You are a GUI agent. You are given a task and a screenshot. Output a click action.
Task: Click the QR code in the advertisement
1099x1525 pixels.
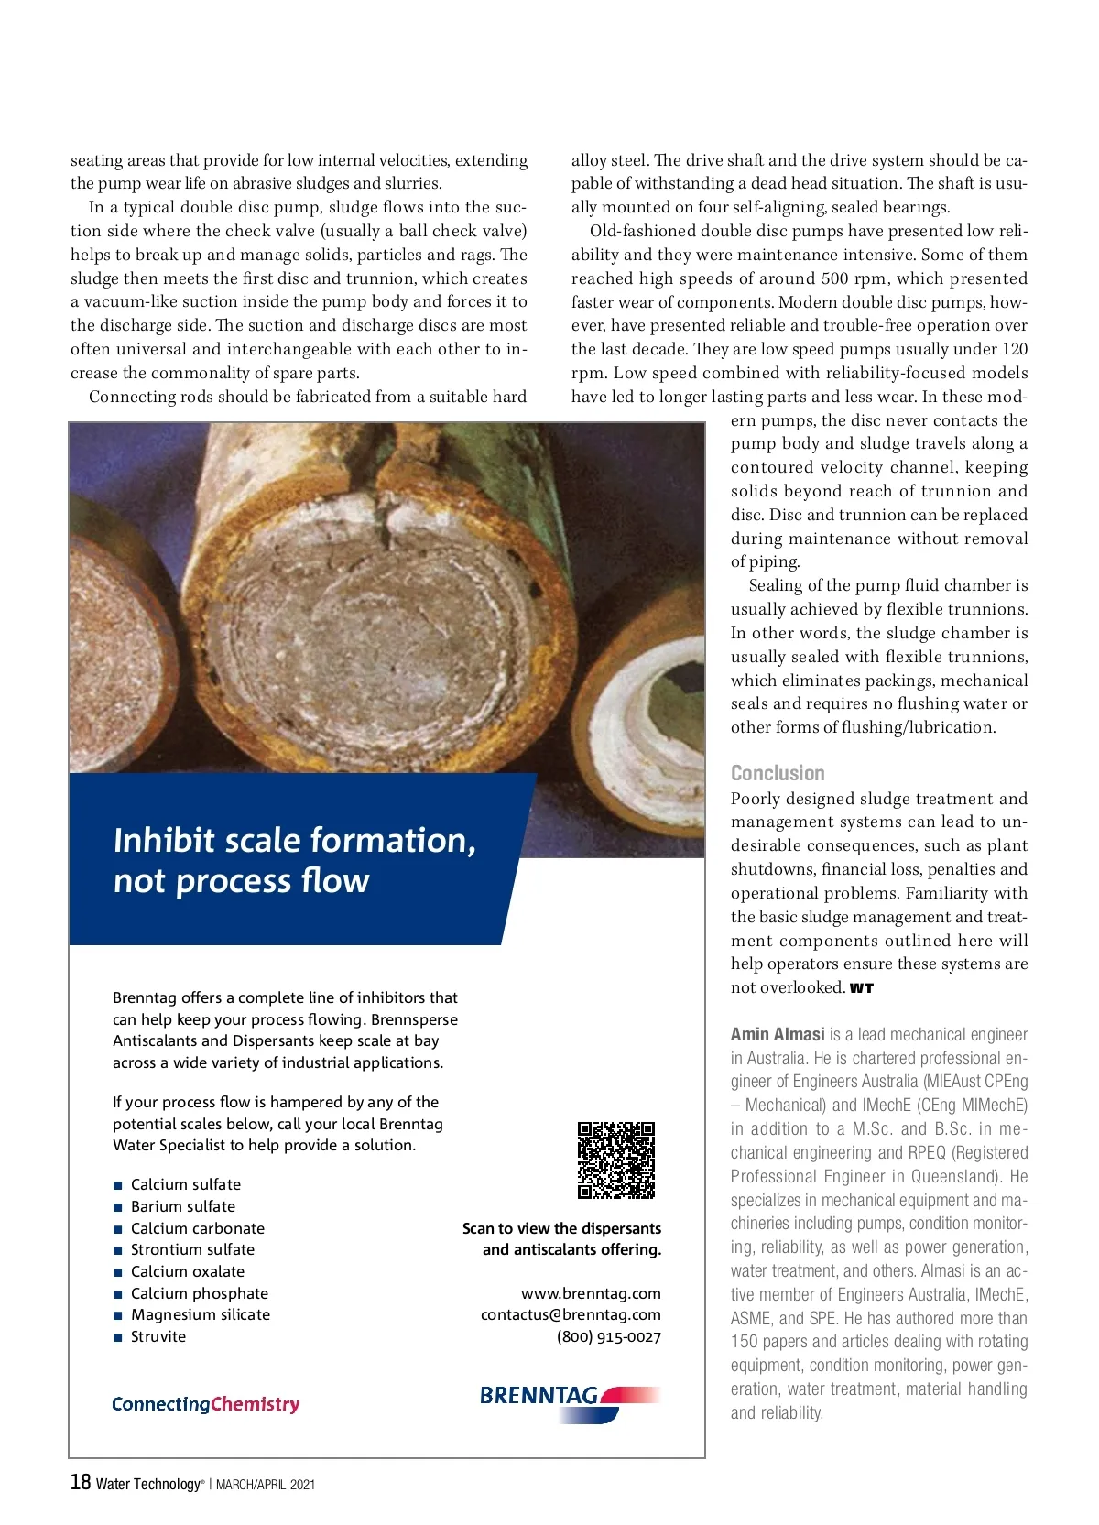[x=616, y=1160]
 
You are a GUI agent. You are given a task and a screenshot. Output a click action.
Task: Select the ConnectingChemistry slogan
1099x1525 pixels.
[x=206, y=1404]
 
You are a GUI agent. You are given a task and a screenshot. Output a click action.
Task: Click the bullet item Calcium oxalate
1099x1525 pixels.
[x=188, y=1271]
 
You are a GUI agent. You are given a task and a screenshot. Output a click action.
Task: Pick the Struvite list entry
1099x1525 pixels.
[x=158, y=1336]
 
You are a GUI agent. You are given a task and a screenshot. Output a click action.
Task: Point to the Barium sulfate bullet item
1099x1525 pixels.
[x=183, y=1206]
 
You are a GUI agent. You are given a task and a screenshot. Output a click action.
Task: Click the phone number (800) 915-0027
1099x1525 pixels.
[x=609, y=1336]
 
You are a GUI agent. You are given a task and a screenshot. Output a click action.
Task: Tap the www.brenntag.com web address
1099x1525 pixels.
[x=591, y=1293]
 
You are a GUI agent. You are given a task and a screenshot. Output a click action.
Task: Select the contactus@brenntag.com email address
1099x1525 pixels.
[x=571, y=1314]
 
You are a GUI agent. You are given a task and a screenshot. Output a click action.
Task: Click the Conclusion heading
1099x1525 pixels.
[x=778, y=773]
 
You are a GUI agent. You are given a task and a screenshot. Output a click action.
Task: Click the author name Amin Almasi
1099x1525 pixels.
[x=778, y=1034]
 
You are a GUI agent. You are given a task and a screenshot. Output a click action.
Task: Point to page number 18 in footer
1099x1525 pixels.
[x=81, y=1482]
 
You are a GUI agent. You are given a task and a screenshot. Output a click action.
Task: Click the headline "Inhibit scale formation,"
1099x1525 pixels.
[x=295, y=840]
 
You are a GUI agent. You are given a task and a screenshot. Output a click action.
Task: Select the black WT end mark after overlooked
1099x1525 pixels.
[x=862, y=988]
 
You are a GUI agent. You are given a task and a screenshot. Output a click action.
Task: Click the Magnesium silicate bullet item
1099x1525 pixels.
[x=201, y=1314]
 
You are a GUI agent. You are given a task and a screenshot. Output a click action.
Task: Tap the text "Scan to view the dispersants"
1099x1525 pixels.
[x=561, y=1228]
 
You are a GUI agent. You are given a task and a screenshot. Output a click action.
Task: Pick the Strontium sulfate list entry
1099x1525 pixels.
[x=192, y=1249]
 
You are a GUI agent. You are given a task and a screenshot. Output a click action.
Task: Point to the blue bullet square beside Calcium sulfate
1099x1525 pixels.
[x=117, y=1185]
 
